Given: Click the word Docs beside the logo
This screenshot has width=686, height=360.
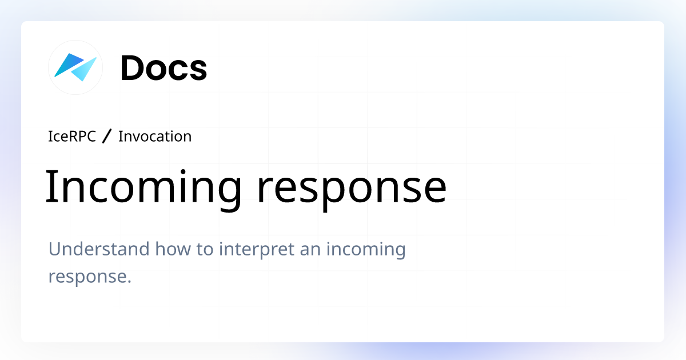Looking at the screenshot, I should click(x=163, y=68).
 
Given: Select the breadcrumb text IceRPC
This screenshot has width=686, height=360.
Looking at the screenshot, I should click(x=72, y=137).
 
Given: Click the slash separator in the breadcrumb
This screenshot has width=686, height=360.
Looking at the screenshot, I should click(x=107, y=137).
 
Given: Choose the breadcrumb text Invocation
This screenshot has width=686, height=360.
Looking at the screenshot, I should click(x=154, y=137).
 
